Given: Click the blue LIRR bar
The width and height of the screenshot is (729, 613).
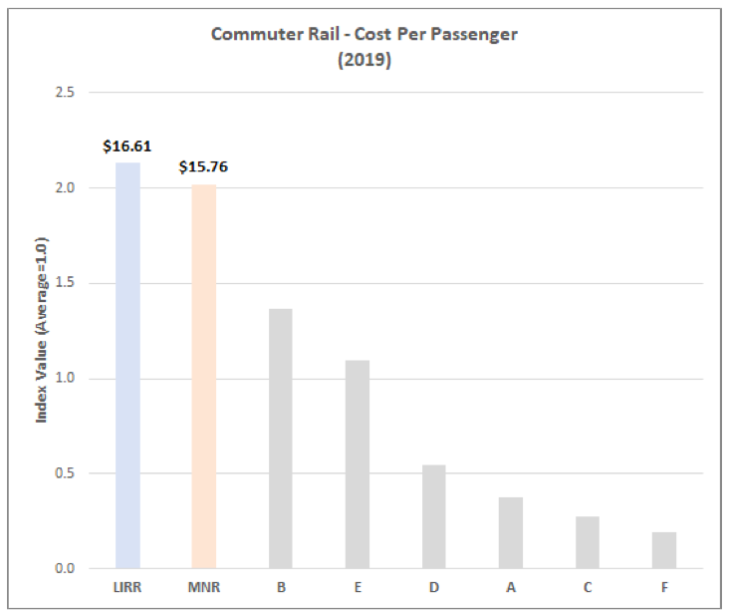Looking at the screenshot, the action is [x=127, y=366].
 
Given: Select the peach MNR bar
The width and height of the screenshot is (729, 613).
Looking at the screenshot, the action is [x=204, y=377].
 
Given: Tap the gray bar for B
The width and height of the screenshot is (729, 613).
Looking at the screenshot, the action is [x=281, y=439].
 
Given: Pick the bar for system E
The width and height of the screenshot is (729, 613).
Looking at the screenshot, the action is [x=358, y=464].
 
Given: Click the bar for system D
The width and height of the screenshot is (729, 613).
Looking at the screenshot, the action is [x=434, y=516].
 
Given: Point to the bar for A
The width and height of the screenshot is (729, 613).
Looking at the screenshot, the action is [x=511, y=533].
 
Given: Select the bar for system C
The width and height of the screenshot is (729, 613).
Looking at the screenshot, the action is [x=588, y=542].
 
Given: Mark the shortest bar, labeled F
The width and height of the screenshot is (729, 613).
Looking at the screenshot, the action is [x=664, y=550].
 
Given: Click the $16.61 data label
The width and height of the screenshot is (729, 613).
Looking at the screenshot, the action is [x=127, y=147].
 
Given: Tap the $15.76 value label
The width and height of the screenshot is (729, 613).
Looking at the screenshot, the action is [x=203, y=166].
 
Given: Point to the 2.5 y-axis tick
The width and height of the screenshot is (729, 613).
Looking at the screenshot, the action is [x=65, y=92].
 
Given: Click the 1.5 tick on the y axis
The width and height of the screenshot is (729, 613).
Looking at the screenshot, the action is [x=65, y=282].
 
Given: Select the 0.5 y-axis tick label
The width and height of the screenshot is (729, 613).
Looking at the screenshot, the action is [x=65, y=472].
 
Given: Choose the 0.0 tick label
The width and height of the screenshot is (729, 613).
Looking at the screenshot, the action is [x=65, y=568].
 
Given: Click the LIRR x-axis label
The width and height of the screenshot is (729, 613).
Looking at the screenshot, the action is [x=127, y=587].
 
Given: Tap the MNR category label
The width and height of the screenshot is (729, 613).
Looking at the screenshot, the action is [x=204, y=587].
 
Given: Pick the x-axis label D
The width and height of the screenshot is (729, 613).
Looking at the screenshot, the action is [x=434, y=587].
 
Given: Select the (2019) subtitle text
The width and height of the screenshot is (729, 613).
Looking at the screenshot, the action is [x=364, y=60].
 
